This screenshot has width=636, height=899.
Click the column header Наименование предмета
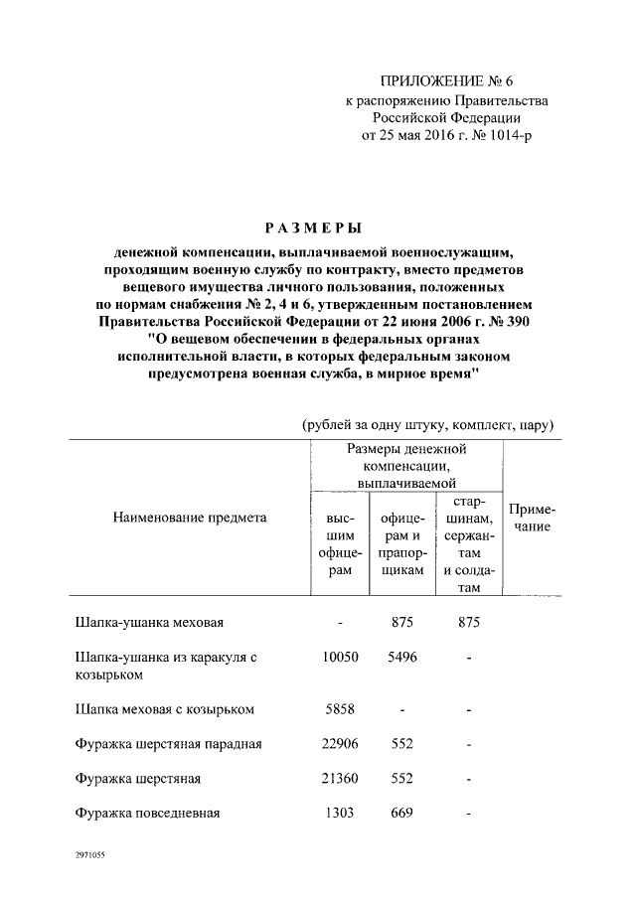click(x=190, y=517)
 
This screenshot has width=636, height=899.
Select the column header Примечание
click(x=533, y=518)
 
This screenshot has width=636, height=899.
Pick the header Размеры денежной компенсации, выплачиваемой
click(x=406, y=465)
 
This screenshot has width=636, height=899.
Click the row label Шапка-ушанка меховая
click(x=150, y=623)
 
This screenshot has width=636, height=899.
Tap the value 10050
click(x=340, y=658)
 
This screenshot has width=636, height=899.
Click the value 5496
click(x=401, y=658)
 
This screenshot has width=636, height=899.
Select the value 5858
click(x=340, y=709)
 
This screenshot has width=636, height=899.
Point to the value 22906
click(x=340, y=744)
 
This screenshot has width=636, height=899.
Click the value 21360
click(x=340, y=779)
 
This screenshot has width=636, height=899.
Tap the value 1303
click(x=340, y=814)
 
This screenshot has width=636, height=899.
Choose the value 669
click(x=401, y=814)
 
